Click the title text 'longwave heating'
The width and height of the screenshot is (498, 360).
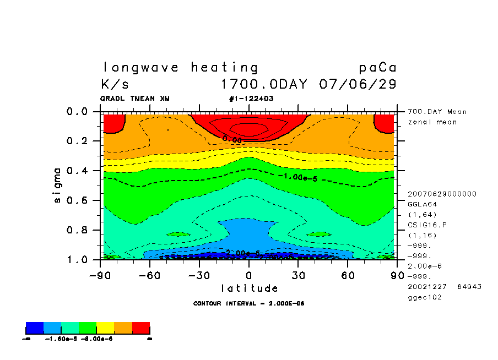(x=180, y=68)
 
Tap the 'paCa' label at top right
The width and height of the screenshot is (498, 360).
(x=377, y=68)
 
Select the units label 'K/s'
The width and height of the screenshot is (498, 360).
(x=115, y=85)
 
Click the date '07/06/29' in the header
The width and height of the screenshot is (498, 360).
(x=358, y=85)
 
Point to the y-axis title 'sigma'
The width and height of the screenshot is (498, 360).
(x=58, y=185)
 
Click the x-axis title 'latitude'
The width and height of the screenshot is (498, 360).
(x=249, y=288)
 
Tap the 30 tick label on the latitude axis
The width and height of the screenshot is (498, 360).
(x=298, y=275)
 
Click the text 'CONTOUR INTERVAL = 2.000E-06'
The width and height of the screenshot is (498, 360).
(x=249, y=303)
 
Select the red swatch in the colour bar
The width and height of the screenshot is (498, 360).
(x=141, y=329)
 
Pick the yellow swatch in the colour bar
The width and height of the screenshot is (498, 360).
(x=105, y=329)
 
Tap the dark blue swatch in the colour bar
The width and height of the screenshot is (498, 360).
(x=35, y=329)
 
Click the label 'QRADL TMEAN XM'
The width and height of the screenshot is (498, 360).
(x=135, y=99)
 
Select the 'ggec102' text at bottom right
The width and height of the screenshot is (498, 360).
(x=424, y=297)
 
